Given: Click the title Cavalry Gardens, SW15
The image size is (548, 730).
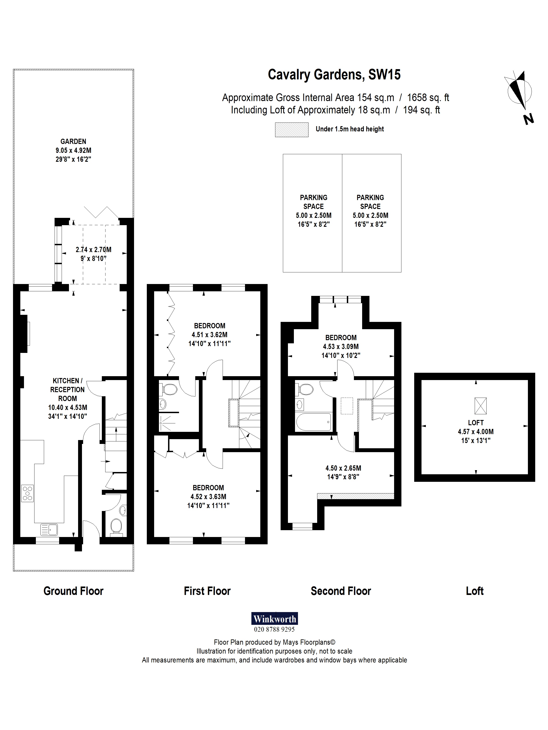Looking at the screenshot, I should [x=334, y=75].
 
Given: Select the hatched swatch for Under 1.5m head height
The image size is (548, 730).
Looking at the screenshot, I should [x=291, y=130].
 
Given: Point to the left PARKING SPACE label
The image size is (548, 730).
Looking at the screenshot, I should [x=314, y=202].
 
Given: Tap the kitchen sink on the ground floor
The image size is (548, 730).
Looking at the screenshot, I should [x=49, y=529].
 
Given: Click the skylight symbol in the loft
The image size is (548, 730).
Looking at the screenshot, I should [x=480, y=406].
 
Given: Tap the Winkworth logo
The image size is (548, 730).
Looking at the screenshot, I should [x=274, y=619].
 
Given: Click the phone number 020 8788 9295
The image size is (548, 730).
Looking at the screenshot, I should [x=274, y=629].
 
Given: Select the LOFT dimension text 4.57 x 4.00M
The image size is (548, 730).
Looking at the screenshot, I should [x=476, y=432].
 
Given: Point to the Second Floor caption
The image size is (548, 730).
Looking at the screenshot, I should [x=341, y=591].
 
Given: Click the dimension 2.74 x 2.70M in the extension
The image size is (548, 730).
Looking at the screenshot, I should [x=93, y=250].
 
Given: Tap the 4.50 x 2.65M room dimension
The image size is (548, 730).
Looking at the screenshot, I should [x=343, y=468].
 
